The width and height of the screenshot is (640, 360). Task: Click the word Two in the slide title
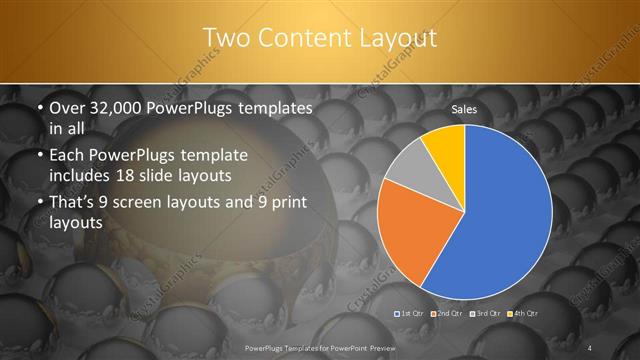[x=225, y=38]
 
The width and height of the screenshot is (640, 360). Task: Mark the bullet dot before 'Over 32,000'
[x=38, y=107]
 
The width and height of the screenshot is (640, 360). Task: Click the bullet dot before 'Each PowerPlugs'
[x=38, y=157]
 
